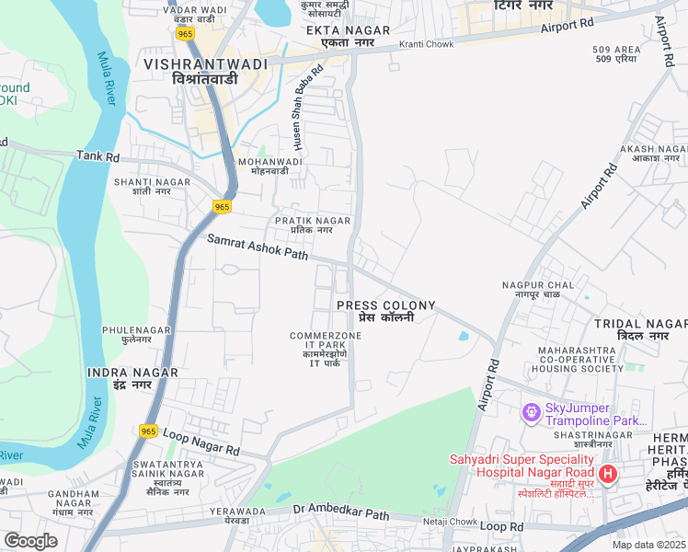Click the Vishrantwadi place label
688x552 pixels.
[x=205, y=71]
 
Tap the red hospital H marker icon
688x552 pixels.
[x=607, y=474]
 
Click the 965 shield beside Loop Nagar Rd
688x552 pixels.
[x=149, y=431]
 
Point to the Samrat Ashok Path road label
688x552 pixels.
[x=258, y=247]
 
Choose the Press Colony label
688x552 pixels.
[x=385, y=311]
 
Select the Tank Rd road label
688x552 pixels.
[x=98, y=157]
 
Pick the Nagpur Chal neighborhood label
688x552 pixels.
[x=537, y=290]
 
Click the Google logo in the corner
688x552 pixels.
[x=30, y=541]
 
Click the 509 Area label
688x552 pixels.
[x=616, y=54]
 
